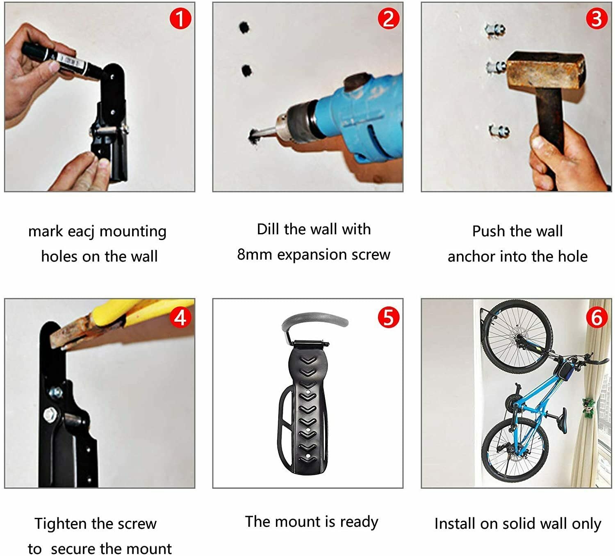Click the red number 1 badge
180,18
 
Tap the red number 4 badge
180,317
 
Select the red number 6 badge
596,317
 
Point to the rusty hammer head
545,69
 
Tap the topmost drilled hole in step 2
244,27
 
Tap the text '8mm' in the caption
255,255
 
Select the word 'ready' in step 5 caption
359,522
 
